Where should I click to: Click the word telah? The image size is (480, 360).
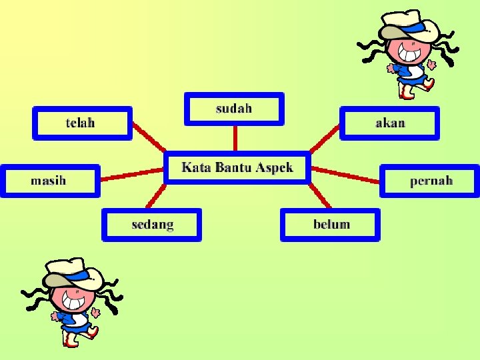pos(80,123)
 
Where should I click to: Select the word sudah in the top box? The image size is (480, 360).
pos(234,108)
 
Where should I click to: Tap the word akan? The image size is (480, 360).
pos(390,123)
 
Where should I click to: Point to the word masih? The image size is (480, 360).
pos(48,181)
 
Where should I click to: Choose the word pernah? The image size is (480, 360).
pos(431,181)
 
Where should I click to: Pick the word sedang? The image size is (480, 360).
pos(153,225)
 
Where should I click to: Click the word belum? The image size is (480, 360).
pos(331,224)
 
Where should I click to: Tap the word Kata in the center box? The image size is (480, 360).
pos(196,167)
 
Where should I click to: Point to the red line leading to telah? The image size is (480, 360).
pos(149,138)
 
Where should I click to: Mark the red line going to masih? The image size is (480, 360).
pos(132,175)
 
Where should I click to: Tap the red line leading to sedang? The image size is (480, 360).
pos(155,196)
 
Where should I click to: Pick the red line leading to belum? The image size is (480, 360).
pos(321,196)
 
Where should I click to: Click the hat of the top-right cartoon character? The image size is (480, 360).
pos(409,25)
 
